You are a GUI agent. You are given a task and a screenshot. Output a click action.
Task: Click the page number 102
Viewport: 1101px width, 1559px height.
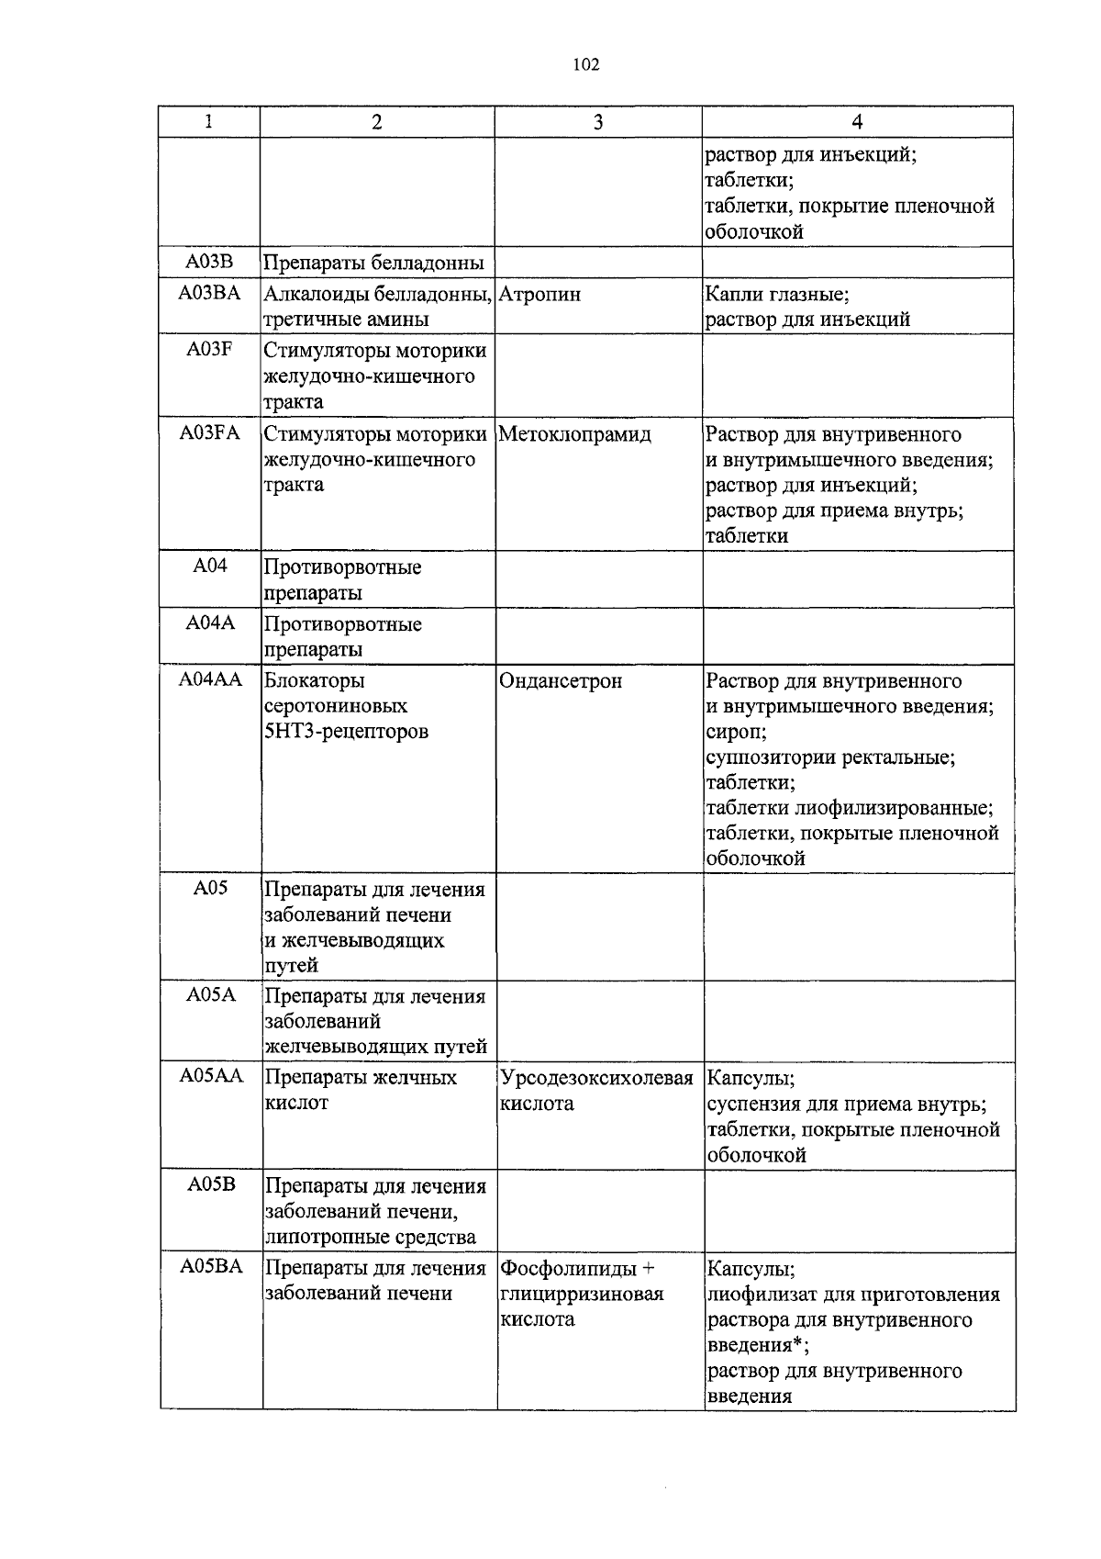tap(585, 64)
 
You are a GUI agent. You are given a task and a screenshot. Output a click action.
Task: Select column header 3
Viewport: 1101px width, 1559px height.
tap(598, 122)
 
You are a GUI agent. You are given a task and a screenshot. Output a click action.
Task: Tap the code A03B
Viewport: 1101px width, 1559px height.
tap(209, 263)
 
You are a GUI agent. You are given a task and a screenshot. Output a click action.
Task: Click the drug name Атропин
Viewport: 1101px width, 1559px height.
tap(539, 295)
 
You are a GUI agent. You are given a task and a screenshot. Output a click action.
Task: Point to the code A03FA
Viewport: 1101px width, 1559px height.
tap(209, 433)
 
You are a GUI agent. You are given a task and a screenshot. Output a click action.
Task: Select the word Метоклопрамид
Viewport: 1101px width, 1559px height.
tap(574, 434)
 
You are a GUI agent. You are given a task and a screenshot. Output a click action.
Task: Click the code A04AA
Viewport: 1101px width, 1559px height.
tap(210, 680)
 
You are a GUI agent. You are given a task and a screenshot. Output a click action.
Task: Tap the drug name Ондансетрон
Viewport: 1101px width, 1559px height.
tap(561, 681)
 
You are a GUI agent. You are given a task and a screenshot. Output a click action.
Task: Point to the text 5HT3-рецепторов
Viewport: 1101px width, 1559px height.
tap(346, 733)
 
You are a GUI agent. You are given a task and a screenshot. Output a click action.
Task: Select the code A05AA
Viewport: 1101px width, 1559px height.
tap(211, 1077)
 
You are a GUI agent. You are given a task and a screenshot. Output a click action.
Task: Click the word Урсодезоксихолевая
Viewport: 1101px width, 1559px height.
tap(596, 1078)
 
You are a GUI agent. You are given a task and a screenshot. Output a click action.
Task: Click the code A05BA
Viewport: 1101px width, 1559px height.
tap(211, 1268)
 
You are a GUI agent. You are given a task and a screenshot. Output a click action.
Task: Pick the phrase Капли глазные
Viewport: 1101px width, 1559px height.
tap(776, 295)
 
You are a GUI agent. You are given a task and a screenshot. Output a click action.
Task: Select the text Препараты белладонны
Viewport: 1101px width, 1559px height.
tap(373, 264)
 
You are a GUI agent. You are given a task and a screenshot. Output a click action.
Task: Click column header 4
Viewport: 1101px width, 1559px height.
tap(857, 122)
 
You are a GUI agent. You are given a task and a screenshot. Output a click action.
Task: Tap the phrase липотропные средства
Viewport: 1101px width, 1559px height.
tap(370, 1238)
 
